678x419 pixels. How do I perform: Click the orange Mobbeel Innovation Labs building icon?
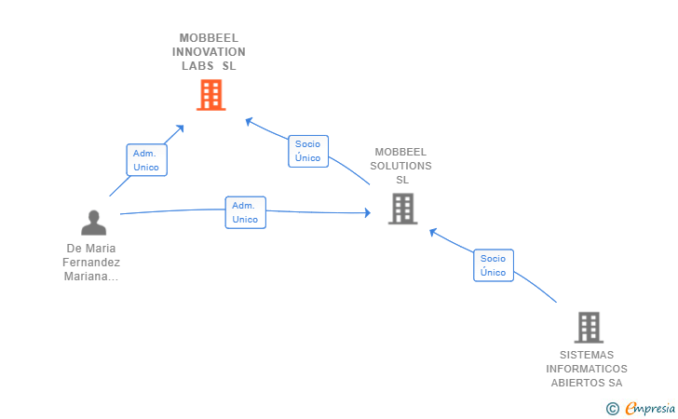(x=211, y=95)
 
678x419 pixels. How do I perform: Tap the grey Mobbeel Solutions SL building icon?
(x=402, y=209)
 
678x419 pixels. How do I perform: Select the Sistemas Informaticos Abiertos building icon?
(x=589, y=327)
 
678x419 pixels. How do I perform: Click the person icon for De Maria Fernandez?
(x=93, y=223)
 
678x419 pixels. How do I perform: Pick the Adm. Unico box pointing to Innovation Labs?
(x=146, y=160)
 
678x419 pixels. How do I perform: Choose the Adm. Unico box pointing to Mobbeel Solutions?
(x=245, y=212)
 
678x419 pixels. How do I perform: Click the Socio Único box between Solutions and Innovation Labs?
(x=307, y=151)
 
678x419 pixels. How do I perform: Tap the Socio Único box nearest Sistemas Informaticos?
(x=493, y=265)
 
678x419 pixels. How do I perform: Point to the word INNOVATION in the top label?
(x=209, y=52)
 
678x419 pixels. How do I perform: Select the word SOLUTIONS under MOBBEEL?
(x=401, y=166)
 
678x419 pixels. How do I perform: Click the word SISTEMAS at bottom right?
(x=587, y=355)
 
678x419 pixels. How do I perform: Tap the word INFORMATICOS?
(x=587, y=369)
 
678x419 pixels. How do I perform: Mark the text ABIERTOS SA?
(x=587, y=383)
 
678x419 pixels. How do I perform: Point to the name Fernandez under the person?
(x=93, y=263)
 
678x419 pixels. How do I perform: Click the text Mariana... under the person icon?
(x=93, y=277)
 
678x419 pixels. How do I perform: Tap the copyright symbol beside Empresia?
(x=612, y=408)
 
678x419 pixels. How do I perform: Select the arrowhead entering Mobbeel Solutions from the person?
(x=367, y=213)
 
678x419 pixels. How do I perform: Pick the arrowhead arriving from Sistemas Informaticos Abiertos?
(x=433, y=232)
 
